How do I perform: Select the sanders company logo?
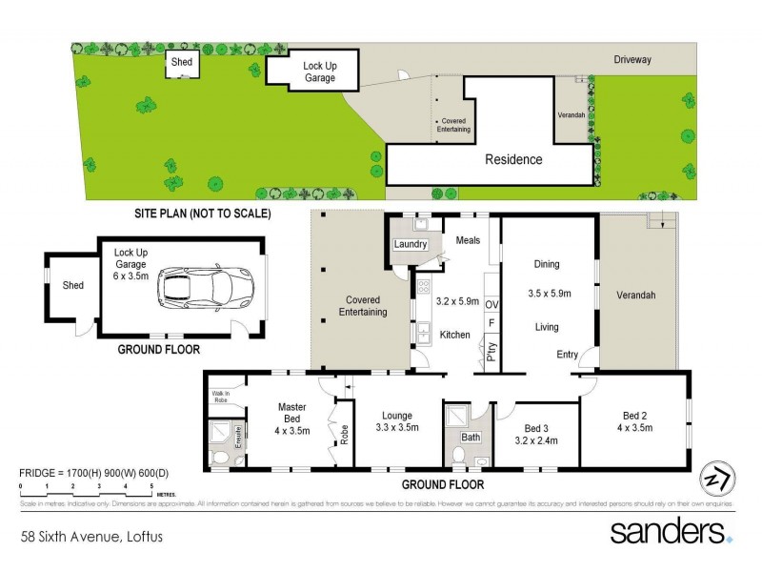[671, 531]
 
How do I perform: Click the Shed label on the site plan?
[181, 63]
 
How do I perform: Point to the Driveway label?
[632, 59]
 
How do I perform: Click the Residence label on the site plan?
[513, 159]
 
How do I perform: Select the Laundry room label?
[411, 245]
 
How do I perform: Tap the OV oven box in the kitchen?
[492, 304]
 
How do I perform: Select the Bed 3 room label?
[538, 427]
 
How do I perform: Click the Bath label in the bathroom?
[471, 438]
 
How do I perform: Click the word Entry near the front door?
[568, 355]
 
